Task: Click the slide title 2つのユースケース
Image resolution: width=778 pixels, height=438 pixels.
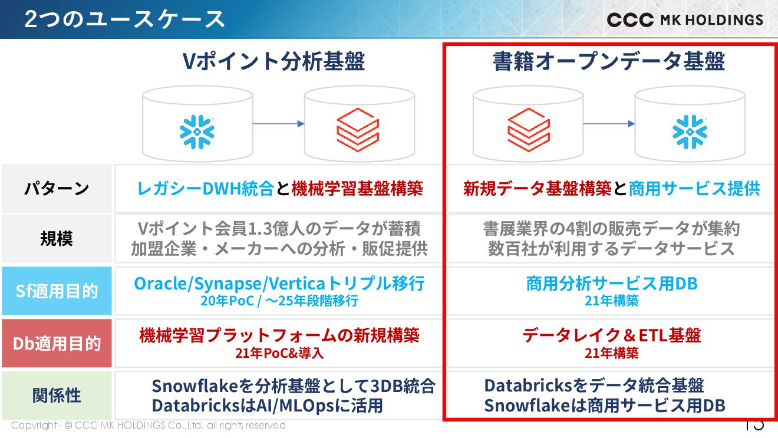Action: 124,19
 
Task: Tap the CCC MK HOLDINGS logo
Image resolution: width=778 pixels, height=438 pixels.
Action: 685,20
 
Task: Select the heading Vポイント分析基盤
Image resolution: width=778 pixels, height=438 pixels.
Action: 273,61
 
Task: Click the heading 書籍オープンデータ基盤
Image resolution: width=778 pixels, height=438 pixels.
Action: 609,61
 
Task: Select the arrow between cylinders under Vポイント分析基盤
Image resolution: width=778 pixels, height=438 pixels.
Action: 278,124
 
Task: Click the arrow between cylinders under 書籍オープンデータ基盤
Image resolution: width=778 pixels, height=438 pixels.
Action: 609,124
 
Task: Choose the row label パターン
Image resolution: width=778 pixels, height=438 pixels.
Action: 57,189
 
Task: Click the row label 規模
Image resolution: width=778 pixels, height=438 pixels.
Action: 57,239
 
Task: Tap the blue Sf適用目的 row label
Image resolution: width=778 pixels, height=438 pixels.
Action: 57,291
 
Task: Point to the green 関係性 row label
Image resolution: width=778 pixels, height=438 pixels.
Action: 57,396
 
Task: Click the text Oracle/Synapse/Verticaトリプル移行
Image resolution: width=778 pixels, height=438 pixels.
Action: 279,284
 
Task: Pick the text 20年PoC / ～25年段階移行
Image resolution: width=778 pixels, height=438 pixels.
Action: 279,301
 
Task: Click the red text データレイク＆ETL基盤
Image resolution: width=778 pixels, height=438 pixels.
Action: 612,335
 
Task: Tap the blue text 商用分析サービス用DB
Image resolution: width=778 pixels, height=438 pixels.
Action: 612,284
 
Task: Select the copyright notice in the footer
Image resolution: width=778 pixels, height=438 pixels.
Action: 148,426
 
